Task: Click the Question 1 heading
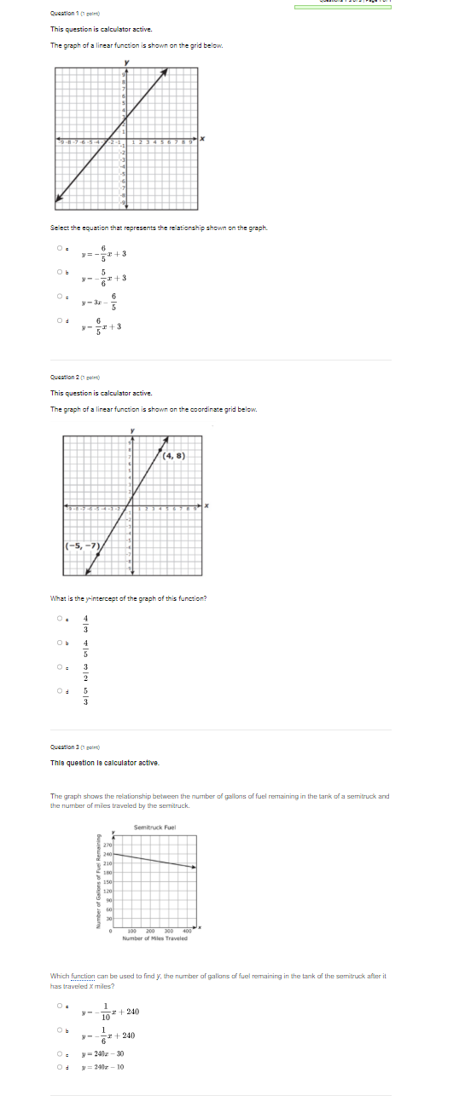(74, 14)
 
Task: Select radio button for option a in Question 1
(60, 248)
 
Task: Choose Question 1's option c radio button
(60, 296)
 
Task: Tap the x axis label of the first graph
(203, 136)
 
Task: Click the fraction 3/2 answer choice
(85, 672)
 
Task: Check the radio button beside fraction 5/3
(60, 691)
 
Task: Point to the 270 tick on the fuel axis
(108, 844)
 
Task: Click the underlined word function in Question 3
(83, 975)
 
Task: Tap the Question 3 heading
(75, 747)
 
